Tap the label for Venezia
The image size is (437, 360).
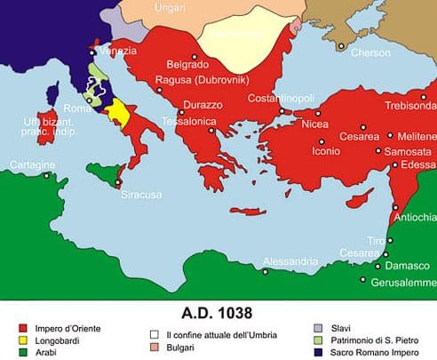click(x=118, y=51)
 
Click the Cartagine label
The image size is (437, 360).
click(x=32, y=165)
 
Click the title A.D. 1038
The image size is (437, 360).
click(x=217, y=313)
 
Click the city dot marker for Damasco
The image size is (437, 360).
click(x=377, y=266)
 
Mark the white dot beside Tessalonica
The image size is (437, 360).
click(x=212, y=129)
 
